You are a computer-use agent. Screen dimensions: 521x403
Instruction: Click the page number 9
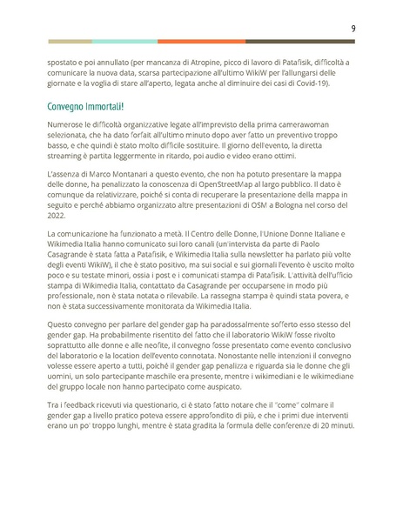[353, 29]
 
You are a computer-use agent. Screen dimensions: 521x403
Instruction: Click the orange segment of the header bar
[207, 41]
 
